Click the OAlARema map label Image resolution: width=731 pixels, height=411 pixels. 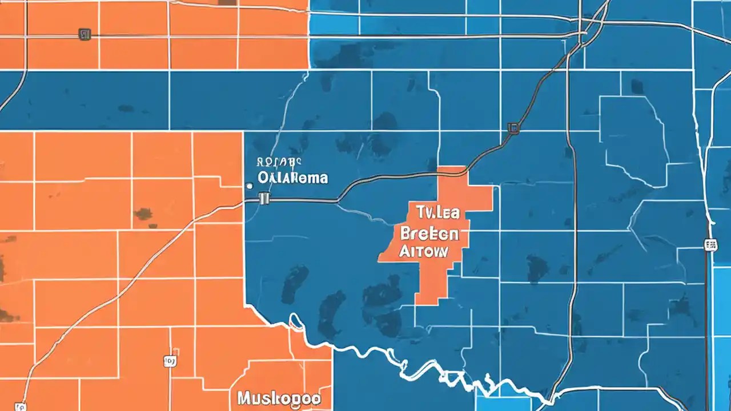coord(293,178)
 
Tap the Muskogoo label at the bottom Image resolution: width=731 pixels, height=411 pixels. coord(278,398)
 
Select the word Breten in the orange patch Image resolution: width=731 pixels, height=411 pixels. coord(429,233)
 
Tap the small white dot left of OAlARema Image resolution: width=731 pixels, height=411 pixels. coord(248,186)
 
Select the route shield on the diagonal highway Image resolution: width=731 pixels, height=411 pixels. coord(513,128)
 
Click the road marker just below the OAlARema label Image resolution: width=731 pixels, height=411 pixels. coord(263,198)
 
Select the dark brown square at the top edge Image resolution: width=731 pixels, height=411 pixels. coord(228,2)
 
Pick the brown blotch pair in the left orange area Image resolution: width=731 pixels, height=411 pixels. coord(143,214)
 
